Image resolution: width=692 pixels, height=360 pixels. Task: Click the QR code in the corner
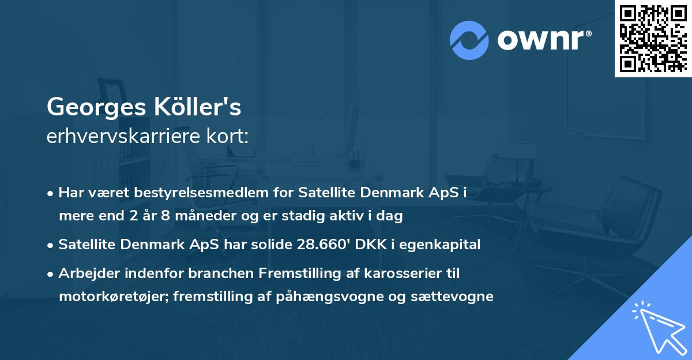[x=653, y=38]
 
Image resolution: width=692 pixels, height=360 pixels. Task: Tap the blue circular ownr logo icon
[x=469, y=40]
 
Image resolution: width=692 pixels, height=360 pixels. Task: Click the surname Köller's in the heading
[x=201, y=107]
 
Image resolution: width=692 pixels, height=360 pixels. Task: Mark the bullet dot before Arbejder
[x=51, y=273]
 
